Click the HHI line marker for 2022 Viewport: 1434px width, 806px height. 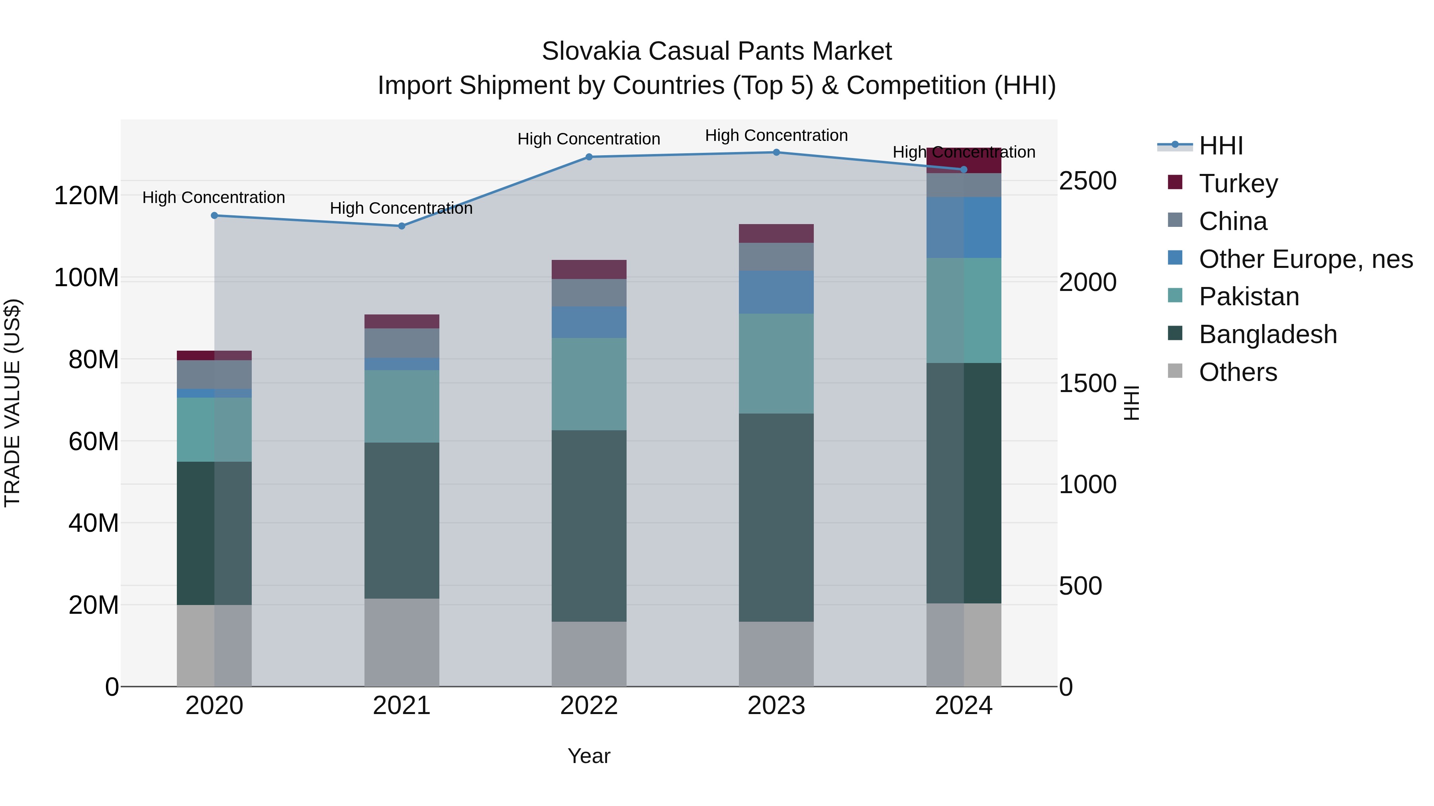point(589,157)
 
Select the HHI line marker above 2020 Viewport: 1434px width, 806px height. point(214,215)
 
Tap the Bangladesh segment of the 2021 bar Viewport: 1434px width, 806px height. point(402,520)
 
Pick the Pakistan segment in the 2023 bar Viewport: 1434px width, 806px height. point(776,363)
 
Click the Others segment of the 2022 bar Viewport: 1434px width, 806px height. point(589,654)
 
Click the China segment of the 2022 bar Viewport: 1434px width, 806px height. point(589,293)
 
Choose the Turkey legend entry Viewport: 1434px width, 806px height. point(1238,183)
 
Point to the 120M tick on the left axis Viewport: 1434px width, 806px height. point(86,196)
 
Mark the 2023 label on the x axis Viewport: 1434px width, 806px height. point(776,706)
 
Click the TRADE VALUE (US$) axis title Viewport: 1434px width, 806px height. point(12,403)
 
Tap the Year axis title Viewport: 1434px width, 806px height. point(589,756)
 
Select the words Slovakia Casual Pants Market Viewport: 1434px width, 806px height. point(717,51)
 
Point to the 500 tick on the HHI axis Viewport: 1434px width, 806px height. point(1080,586)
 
